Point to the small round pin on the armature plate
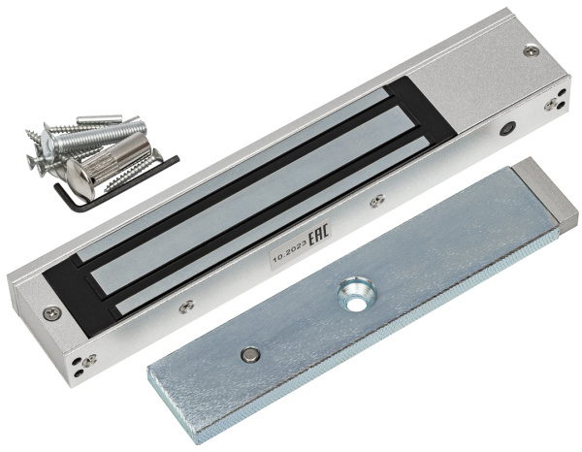coord(250,355)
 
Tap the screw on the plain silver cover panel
coord(532,50)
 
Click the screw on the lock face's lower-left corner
coord(51,313)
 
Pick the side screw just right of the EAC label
coord(377,201)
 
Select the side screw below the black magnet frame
coord(186,307)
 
